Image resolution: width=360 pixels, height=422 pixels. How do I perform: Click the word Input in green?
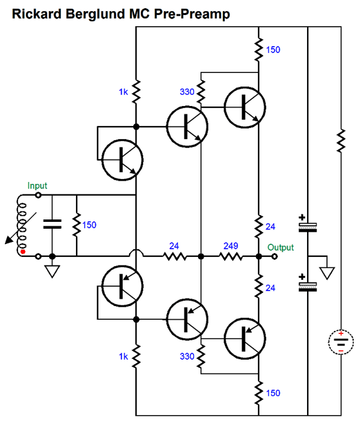37,186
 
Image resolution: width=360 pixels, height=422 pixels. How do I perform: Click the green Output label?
280,247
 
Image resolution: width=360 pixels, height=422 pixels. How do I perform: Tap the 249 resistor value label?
230,246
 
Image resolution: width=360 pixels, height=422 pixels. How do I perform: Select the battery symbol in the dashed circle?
341,342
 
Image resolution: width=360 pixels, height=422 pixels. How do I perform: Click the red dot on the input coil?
23,252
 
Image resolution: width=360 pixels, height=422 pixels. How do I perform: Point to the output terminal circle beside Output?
274,256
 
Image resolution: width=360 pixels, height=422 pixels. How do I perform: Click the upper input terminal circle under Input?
39,195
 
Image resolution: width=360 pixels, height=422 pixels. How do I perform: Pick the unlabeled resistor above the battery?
341,141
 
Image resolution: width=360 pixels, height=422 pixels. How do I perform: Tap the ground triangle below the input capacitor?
52,271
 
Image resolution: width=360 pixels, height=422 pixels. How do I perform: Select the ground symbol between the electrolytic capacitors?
327,272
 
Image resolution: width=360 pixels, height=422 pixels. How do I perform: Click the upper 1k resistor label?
123,92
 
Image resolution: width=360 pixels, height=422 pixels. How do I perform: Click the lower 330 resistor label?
187,357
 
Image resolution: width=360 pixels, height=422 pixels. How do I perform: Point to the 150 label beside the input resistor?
89,225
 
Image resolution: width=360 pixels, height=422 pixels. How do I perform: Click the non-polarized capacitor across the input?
52,224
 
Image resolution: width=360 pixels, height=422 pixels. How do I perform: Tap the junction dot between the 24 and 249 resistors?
201,256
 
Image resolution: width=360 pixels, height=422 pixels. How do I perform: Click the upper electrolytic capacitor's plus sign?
302,217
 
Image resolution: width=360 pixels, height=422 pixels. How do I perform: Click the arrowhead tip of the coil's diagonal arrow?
6,244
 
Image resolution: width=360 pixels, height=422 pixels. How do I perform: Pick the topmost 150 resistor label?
273,50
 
